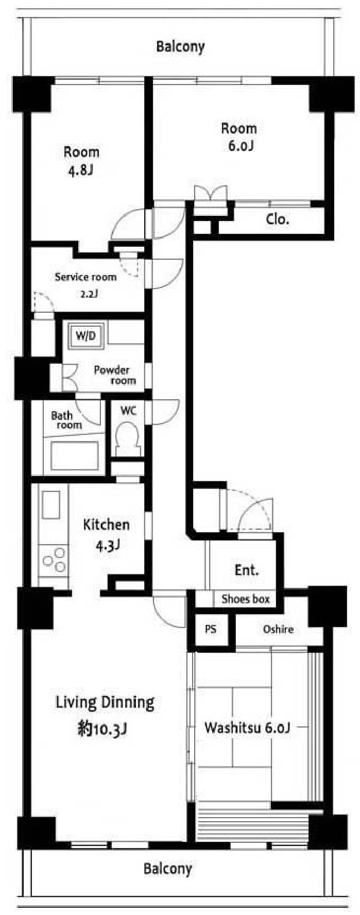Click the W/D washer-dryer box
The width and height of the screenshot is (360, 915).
[86, 336]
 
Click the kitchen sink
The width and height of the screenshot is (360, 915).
[51, 505]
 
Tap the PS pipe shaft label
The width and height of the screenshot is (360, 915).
[211, 629]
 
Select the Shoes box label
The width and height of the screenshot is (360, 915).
[246, 599]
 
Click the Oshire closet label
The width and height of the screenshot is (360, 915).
[278, 629]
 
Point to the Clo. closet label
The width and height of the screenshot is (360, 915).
[278, 219]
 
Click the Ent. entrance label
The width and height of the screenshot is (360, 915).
[247, 570]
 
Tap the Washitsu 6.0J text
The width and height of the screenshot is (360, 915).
[247, 727]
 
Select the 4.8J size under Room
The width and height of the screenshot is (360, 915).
[81, 171]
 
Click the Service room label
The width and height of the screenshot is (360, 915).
[85, 277]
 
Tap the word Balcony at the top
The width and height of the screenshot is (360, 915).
[180, 47]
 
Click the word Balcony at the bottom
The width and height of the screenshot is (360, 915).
[167, 869]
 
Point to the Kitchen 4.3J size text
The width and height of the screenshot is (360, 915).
[108, 545]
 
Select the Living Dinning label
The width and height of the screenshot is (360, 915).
[105, 702]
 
